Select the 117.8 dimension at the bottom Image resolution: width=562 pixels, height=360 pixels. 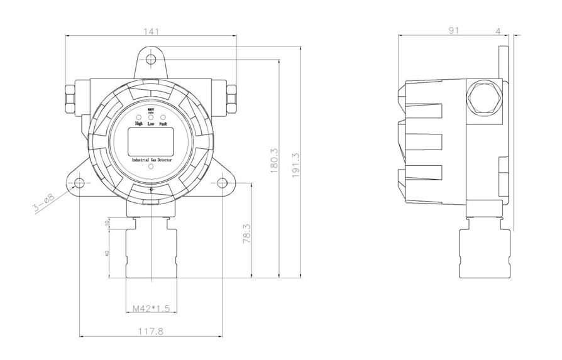[151, 331]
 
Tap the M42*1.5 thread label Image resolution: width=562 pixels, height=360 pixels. [152, 308]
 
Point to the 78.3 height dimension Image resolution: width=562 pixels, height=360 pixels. [247, 233]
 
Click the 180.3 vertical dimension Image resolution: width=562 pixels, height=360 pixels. [273, 162]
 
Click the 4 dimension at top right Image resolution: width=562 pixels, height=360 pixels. [498, 30]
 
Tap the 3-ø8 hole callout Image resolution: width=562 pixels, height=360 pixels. [45, 203]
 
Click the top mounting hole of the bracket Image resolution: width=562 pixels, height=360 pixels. [151, 60]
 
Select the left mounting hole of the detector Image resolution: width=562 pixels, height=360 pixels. [79, 183]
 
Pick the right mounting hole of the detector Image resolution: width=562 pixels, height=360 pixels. [223, 183]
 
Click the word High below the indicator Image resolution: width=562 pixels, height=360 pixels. [139, 124]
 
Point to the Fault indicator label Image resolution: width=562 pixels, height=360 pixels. [163, 124]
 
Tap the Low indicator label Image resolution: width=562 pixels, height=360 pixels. [151, 124]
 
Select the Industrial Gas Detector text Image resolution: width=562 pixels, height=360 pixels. [151, 161]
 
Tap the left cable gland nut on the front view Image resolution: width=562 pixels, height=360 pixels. [70, 95]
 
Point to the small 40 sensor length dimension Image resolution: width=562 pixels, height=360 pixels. [107, 253]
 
